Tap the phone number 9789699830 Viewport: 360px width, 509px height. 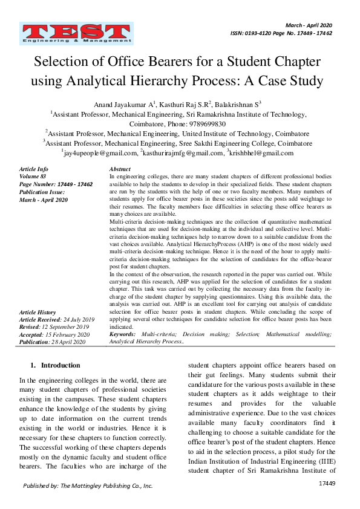pyautogui.click(x=205, y=123)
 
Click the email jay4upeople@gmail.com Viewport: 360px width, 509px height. pyautogui.click(x=99, y=154)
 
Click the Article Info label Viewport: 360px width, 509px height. pyautogui.click(x=34, y=169)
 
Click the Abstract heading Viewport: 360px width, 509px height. pyautogui.click(x=120, y=169)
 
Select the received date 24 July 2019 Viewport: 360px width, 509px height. pyautogui.click(x=79, y=319)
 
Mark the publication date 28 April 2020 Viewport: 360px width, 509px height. pyautogui.click(x=69, y=342)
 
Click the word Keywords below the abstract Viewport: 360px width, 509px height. pyautogui.click(x=123, y=334)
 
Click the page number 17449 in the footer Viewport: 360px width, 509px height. pyautogui.click(x=327, y=484)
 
